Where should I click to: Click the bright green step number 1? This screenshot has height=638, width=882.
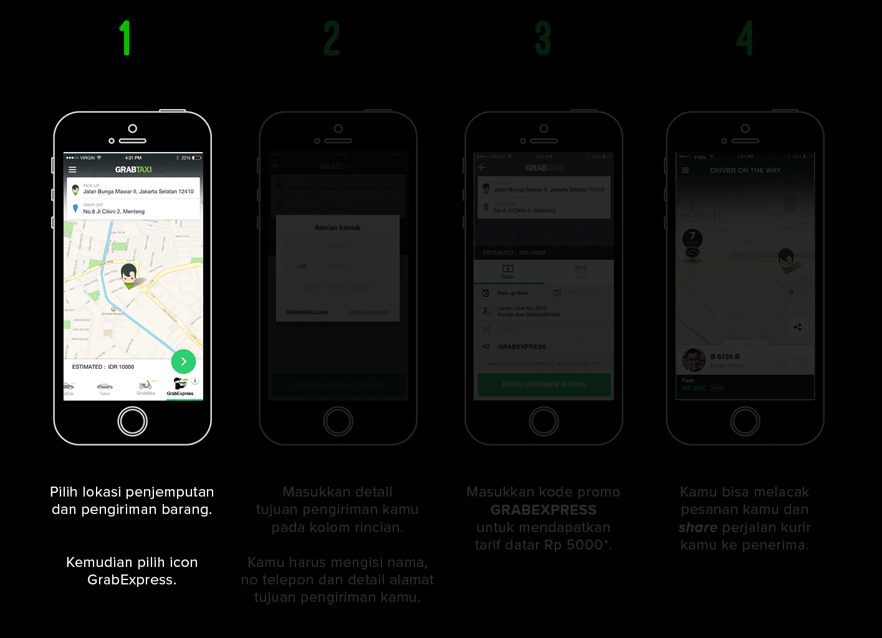[x=126, y=38]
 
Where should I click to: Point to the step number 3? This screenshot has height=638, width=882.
[x=543, y=38]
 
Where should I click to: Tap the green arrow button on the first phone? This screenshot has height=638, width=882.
[x=183, y=361]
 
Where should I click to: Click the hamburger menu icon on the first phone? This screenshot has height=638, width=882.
[x=72, y=169]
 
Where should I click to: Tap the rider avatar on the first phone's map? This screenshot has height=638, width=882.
[x=129, y=275]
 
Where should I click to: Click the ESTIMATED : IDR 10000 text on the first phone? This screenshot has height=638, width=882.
[x=103, y=367]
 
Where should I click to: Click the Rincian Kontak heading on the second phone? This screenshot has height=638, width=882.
[x=338, y=228]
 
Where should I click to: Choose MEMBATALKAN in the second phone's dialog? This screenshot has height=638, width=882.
[x=307, y=312]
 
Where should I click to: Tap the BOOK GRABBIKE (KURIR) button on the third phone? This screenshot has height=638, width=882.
[x=544, y=384]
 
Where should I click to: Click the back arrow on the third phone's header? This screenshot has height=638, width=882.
[x=482, y=168]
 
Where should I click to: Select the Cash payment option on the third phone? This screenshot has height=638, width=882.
[x=508, y=272]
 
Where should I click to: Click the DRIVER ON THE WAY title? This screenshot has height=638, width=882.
[x=745, y=170]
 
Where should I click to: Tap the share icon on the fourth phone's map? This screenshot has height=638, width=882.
[x=797, y=327]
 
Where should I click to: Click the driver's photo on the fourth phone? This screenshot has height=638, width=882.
[x=694, y=360]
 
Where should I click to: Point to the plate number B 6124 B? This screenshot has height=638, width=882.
[x=725, y=356]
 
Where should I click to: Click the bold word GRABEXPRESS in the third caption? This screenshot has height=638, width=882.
[x=544, y=510]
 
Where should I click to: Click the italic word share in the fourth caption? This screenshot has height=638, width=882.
[x=698, y=527]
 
